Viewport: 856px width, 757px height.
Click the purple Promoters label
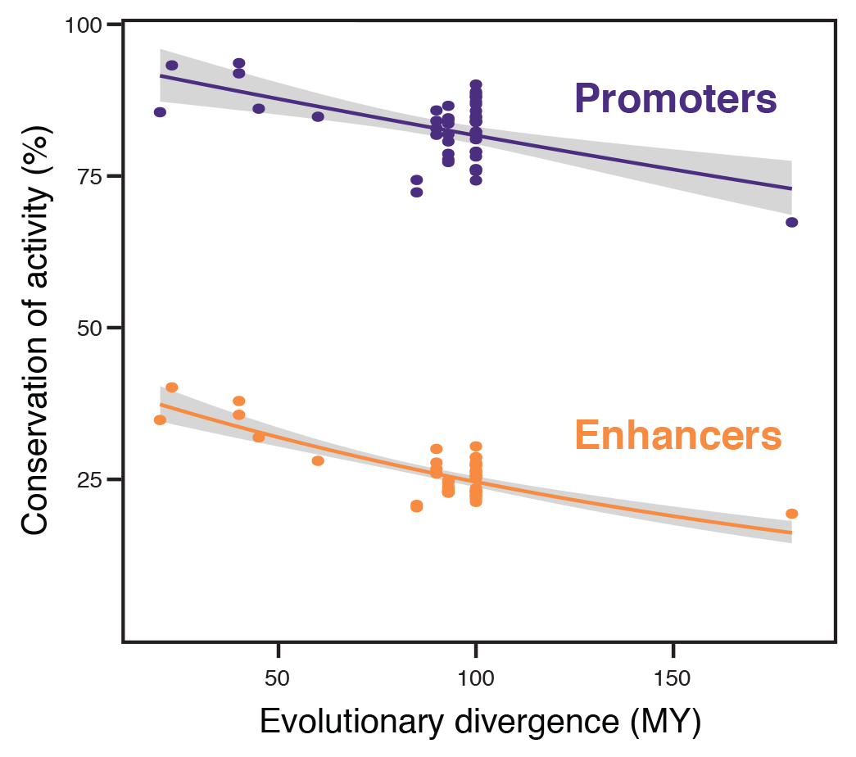click(x=675, y=99)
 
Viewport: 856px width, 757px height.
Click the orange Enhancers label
click(x=678, y=436)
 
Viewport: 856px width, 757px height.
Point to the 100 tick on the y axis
click(x=83, y=25)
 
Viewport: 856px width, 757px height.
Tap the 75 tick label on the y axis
click(x=89, y=176)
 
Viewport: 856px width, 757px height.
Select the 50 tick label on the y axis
click(x=89, y=328)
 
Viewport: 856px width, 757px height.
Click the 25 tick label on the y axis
click(x=89, y=479)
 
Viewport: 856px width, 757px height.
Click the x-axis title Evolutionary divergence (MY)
click(x=480, y=722)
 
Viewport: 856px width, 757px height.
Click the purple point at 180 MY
click(x=791, y=222)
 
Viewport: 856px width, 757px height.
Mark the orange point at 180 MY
click(x=791, y=514)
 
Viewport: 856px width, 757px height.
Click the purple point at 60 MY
click(x=318, y=116)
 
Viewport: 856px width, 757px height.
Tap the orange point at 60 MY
click(x=318, y=460)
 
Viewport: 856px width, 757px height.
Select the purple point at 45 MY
click(x=259, y=108)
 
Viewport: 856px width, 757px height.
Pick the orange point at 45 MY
click(x=259, y=437)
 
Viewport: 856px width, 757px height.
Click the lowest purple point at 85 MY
click(x=416, y=192)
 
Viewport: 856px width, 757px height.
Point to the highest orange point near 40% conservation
click(x=172, y=387)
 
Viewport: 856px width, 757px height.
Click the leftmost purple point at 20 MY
click(x=160, y=111)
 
